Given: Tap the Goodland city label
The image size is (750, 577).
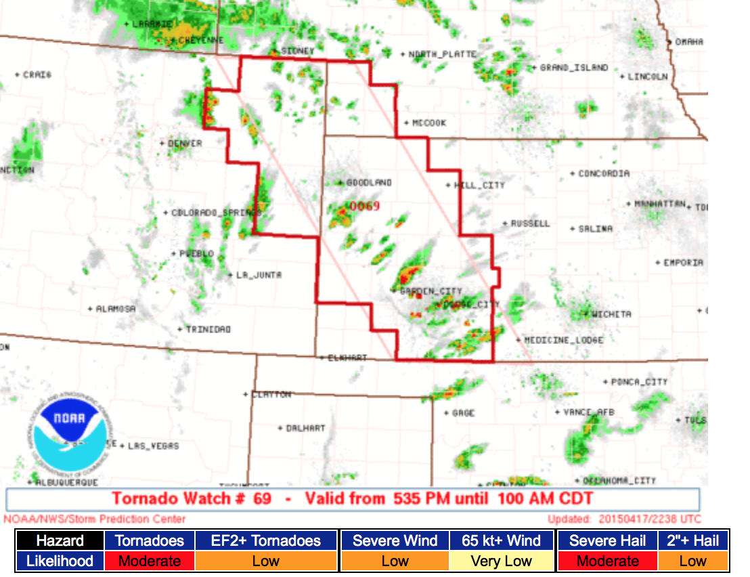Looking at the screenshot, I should [x=369, y=183].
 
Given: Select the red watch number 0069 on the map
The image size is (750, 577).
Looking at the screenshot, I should [x=365, y=206].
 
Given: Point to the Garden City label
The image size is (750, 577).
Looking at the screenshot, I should [x=431, y=291].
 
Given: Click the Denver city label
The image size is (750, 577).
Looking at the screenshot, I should [x=184, y=143].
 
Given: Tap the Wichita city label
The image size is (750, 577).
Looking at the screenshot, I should [x=611, y=314].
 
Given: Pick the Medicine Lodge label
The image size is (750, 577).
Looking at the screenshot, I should [x=563, y=340].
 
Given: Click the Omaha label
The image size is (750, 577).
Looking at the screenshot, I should [x=689, y=42].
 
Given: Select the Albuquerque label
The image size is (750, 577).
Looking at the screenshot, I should [x=66, y=482].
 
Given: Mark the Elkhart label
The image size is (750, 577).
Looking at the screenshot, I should [x=347, y=357].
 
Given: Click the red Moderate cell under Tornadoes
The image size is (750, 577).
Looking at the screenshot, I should [x=149, y=561].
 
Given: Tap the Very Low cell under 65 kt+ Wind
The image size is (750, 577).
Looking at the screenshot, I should [x=501, y=561].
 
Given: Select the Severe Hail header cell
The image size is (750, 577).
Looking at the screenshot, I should [x=606, y=540].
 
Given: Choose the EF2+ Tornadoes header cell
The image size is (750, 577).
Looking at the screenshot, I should [x=265, y=540].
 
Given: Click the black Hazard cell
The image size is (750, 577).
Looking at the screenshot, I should [x=60, y=540].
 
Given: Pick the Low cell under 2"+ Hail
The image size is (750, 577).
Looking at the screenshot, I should [x=692, y=561].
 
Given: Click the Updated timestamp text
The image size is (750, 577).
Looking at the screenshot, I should [x=624, y=519].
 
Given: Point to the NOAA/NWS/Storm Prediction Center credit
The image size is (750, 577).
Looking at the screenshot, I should [x=94, y=519].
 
